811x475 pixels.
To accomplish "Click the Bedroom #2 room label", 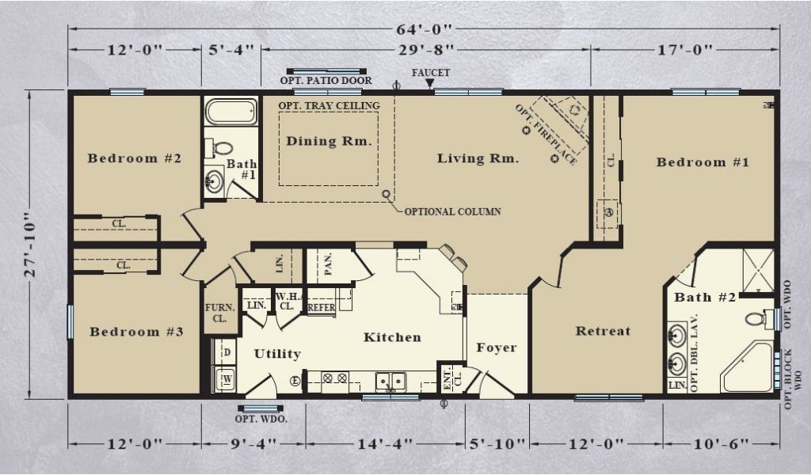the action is coord(135,158).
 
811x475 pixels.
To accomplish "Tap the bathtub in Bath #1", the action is coord(230,111).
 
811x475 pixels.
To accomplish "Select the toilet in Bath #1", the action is coord(220,148).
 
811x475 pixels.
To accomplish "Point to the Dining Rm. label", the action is coord(329,141).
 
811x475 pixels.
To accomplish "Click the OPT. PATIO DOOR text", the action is coord(326,81).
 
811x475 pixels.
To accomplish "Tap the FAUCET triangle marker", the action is coord(430,82).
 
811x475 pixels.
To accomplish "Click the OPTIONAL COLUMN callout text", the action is coord(452,211).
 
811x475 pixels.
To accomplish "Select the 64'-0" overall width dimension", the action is coord(425,29).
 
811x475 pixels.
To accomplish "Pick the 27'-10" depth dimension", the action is coord(31,245).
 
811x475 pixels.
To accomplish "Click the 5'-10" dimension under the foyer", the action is coord(497,444).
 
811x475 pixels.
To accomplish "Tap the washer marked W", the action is coord(226,379).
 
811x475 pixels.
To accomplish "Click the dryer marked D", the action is coord(226,352).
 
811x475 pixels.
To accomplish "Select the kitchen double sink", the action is coord(390,382).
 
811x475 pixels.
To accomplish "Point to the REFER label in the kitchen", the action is coord(322,307).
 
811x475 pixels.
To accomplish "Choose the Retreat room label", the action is coord(603,331).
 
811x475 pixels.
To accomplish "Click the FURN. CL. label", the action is coord(220,313).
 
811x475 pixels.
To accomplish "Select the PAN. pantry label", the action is coord(328,264).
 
